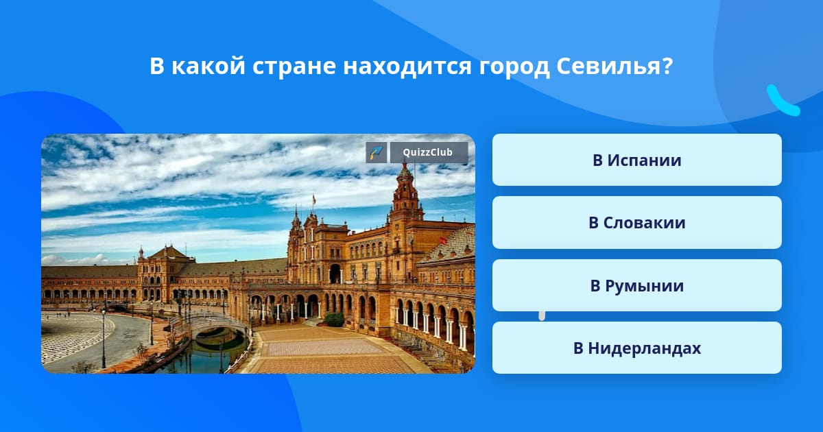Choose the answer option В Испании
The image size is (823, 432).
point(636,160)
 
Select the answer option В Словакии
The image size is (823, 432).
point(636,223)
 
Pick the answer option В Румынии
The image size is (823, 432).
point(636,285)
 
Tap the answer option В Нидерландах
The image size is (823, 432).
point(636,348)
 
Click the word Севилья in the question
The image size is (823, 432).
point(608,66)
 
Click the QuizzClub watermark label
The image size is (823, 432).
point(428,152)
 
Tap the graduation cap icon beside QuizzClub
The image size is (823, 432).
point(376,152)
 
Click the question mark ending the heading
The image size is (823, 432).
point(667,66)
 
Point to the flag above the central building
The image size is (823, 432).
point(314,200)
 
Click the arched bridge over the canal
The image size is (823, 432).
point(217,323)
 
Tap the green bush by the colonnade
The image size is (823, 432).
point(334,319)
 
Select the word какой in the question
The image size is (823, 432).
point(208,66)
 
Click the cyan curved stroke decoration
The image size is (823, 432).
point(782,101)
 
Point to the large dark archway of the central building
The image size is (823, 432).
point(335,274)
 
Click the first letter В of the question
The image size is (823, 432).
point(156,67)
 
